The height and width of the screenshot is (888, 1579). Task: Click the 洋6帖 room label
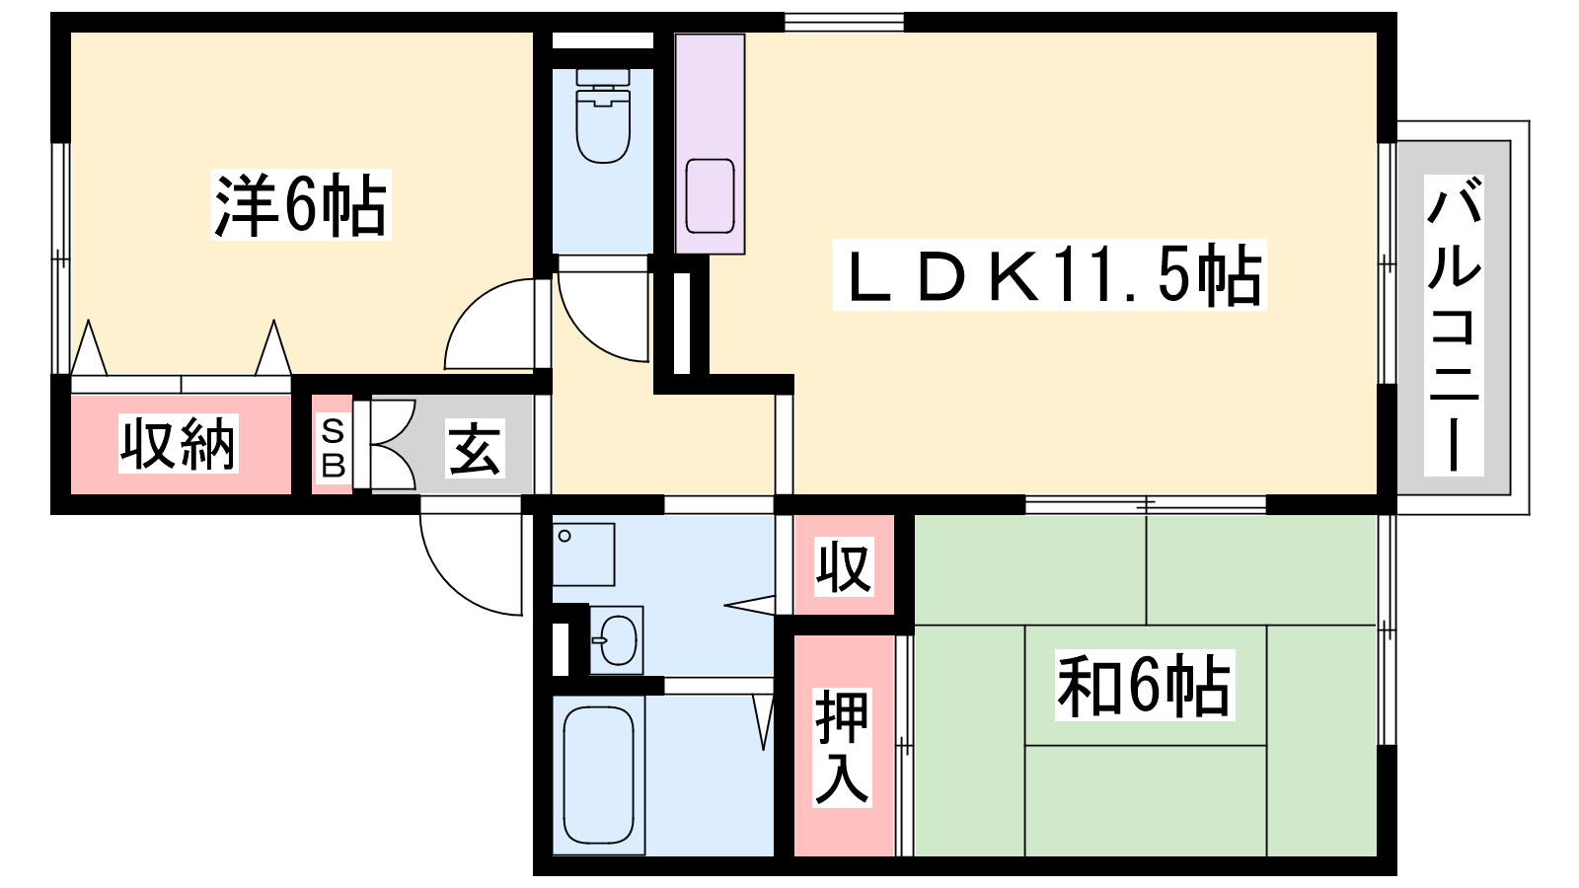click(x=301, y=205)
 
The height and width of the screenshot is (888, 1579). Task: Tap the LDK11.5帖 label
click(x=1050, y=275)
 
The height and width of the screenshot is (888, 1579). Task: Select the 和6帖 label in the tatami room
click(x=1145, y=685)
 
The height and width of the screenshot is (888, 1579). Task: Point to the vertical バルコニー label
click(x=1454, y=325)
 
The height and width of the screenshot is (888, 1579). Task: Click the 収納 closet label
click(x=179, y=444)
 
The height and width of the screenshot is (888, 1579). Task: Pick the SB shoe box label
click(x=333, y=448)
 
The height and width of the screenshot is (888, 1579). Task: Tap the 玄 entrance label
click(x=475, y=448)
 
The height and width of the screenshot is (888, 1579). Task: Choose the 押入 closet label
click(x=843, y=747)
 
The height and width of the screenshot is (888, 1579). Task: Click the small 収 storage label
click(x=844, y=566)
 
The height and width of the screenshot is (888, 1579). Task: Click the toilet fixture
click(x=603, y=115)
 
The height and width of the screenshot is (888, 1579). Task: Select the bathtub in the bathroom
click(x=598, y=775)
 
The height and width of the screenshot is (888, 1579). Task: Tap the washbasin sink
click(x=617, y=640)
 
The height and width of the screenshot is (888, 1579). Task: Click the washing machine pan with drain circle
click(x=583, y=554)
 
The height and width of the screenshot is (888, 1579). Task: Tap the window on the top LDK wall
click(x=845, y=22)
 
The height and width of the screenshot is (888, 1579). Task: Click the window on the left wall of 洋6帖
click(x=60, y=259)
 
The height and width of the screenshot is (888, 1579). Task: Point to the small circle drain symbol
click(x=564, y=537)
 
